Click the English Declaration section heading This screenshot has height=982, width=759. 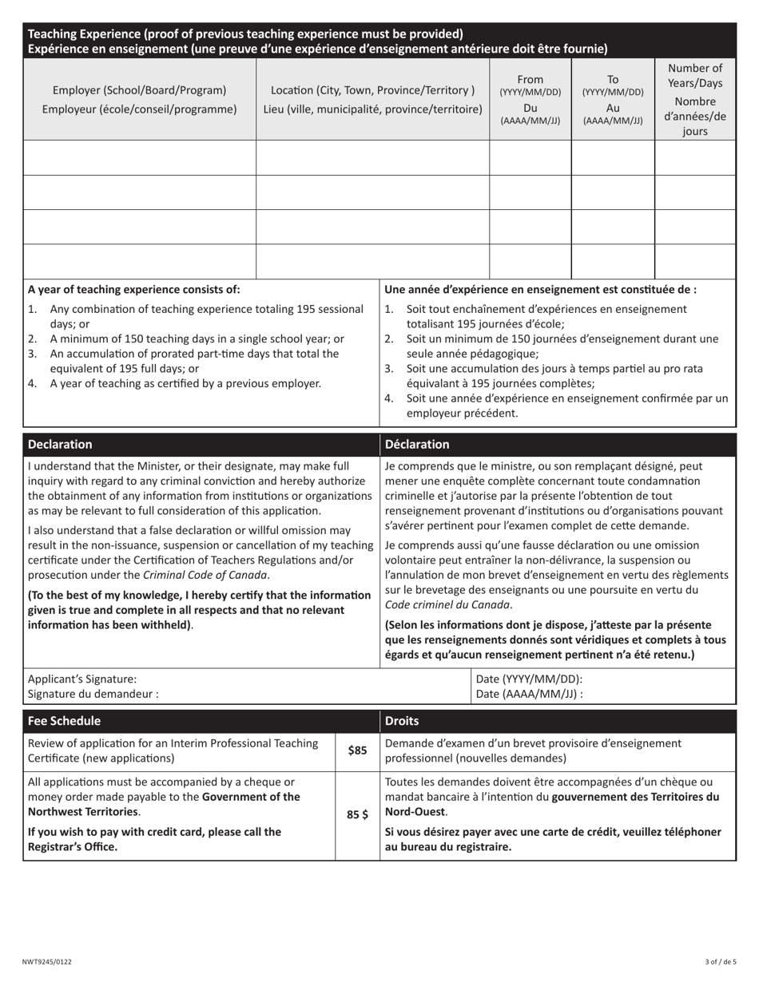click(60, 445)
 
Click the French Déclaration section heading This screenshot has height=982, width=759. click(417, 445)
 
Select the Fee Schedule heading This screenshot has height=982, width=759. click(64, 721)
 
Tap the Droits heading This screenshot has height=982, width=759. click(402, 721)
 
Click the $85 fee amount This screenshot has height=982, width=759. click(357, 750)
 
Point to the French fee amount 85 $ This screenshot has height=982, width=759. click(357, 815)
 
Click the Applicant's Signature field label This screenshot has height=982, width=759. click(82, 679)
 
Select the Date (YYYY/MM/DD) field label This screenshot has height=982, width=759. click(529, 679)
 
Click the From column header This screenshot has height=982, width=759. click(531, 80)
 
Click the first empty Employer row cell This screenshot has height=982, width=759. click(140, 158)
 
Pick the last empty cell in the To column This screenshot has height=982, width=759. click(613, 261)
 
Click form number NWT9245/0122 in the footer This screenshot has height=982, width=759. click(47, 962)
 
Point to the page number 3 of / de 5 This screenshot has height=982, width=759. click(720, 962)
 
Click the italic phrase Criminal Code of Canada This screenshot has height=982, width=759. click(205, 575)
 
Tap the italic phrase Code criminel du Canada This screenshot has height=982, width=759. click(447, 605)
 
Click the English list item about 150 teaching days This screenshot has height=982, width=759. click(197, 339)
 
